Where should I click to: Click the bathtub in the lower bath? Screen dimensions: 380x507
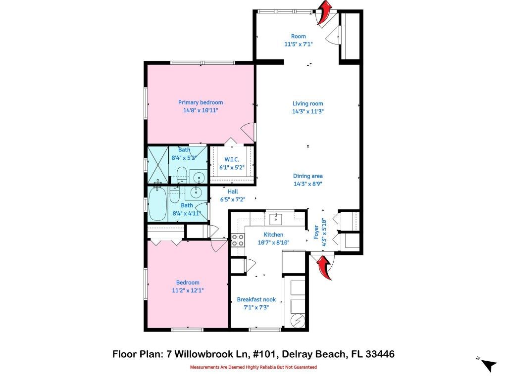tap(158, 203)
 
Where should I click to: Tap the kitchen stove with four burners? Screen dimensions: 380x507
tap(238, 240)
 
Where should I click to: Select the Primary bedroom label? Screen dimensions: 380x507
tap(201, 102)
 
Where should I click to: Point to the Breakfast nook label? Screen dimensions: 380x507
tap(256, 299)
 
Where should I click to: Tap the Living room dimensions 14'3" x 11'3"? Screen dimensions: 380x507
tap(307, 111)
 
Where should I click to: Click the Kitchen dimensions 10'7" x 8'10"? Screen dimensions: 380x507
tap(273, 242)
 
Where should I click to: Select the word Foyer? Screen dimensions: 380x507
tap(316, 232)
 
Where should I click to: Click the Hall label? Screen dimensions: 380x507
tap(233, 191)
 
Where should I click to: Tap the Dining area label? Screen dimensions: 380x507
tap(307, 176)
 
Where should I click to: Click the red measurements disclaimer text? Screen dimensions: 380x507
tap(253, 367)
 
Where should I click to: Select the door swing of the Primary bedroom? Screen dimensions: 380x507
tap(249, 131)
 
